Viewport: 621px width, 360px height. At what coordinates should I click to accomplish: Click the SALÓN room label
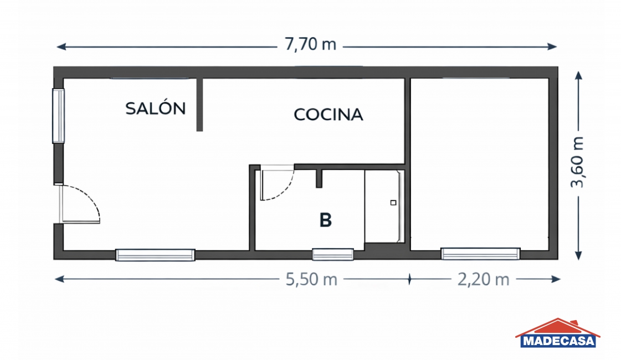point(155,108)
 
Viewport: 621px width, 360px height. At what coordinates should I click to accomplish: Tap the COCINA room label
point(329,115)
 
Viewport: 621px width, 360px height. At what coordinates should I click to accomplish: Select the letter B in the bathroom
point(326,220)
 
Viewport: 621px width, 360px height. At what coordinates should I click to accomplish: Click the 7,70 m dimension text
point(310,44)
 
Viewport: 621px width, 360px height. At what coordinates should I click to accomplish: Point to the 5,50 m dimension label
point(311,280)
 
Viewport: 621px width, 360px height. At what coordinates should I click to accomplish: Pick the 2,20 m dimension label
point(483,280)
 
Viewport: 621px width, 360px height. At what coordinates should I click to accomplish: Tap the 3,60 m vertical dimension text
point(577,162)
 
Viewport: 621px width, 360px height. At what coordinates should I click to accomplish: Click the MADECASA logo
point(558,333)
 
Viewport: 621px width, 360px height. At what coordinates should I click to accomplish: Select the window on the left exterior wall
point(58,116)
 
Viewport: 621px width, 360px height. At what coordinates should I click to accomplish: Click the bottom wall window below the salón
point(155,255)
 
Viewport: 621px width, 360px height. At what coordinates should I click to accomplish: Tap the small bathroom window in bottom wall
point(333,254)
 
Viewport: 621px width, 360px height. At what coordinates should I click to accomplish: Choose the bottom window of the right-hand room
point(480,254)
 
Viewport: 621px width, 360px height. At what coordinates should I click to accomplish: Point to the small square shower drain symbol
point(393,203)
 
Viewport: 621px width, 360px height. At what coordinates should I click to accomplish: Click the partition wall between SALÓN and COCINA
point(199,105)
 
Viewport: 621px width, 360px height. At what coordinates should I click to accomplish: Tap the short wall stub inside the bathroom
point(319,178)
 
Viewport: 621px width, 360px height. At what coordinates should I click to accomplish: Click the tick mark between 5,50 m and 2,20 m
point(409,279)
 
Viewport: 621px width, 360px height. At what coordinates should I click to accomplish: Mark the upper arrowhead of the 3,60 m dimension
point(579,76)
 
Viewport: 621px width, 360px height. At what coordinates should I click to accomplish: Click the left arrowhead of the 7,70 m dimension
point(61,47)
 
